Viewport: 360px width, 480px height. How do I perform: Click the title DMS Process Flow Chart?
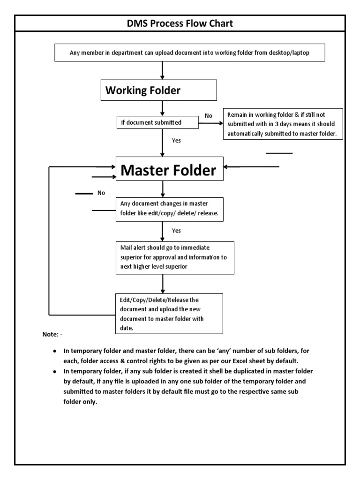point(180,23)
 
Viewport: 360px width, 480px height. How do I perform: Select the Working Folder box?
point(158,90)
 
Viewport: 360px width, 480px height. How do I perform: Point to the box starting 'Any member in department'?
point(196,53)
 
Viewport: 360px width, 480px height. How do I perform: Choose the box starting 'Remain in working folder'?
point(283,124)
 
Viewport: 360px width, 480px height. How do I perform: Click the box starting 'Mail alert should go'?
point(175,258)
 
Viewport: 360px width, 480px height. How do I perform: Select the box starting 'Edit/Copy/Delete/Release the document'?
point(169,314)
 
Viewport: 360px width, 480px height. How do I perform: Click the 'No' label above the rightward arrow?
point(208,116)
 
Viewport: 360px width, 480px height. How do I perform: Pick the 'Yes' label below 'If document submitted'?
point(176,140)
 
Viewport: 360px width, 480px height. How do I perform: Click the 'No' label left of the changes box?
point(101,193)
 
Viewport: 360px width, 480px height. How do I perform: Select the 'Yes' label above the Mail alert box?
point(176,231)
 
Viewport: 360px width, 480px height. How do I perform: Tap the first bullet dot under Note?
point(55,351)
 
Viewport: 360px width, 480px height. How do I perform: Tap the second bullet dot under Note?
point(55,371)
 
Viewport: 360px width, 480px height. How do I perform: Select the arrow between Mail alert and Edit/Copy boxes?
point(163,284)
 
